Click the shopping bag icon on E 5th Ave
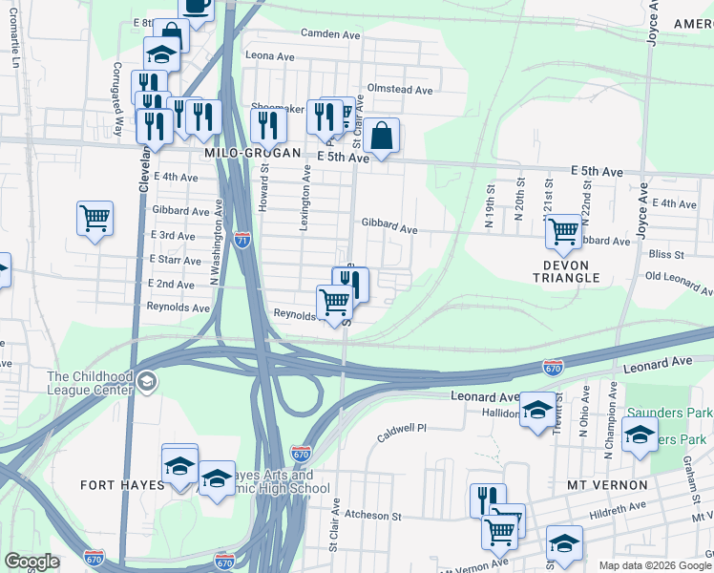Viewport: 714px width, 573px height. point(381,138)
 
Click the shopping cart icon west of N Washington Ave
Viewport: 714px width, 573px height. point(94,219)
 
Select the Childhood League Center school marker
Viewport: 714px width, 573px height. point(146,383)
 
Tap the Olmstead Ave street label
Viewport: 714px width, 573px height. point(400,90)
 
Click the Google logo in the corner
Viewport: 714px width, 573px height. point(31,562)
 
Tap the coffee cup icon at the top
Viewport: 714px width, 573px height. point(196,6)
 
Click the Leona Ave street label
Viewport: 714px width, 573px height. point(268,56)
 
